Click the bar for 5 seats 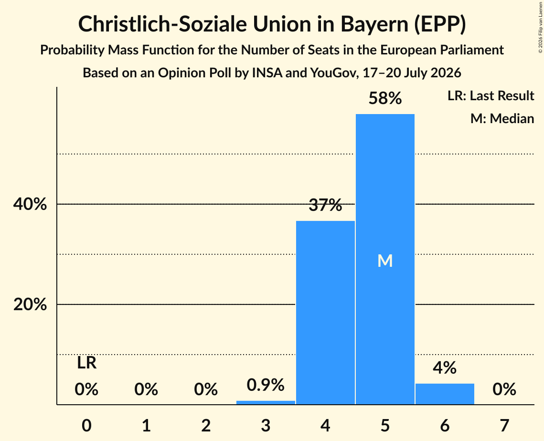click(x=385, y=259)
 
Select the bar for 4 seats click(x=325, y=312)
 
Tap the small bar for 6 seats click(x=445, y=394)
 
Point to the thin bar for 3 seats click(x=266, y=402)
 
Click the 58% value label click(x=385, y=98)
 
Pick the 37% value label click(x=325, y=205)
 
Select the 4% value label click(x=445, y=368)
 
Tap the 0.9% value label click(x=266, y=385)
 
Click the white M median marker click(x=385, y=261)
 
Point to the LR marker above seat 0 click(x=87, y=363)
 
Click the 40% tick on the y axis click(x=30, y=204)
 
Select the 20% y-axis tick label click(x=30, y=304)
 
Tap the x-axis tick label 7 click(x=504, y=425)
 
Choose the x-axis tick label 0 click(x=87, y=425)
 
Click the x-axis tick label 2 click(x=206, y=425)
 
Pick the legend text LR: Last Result click(x=491, y=95)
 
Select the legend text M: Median click(x=502, y=118)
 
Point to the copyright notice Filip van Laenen click(x=541, y=27)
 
